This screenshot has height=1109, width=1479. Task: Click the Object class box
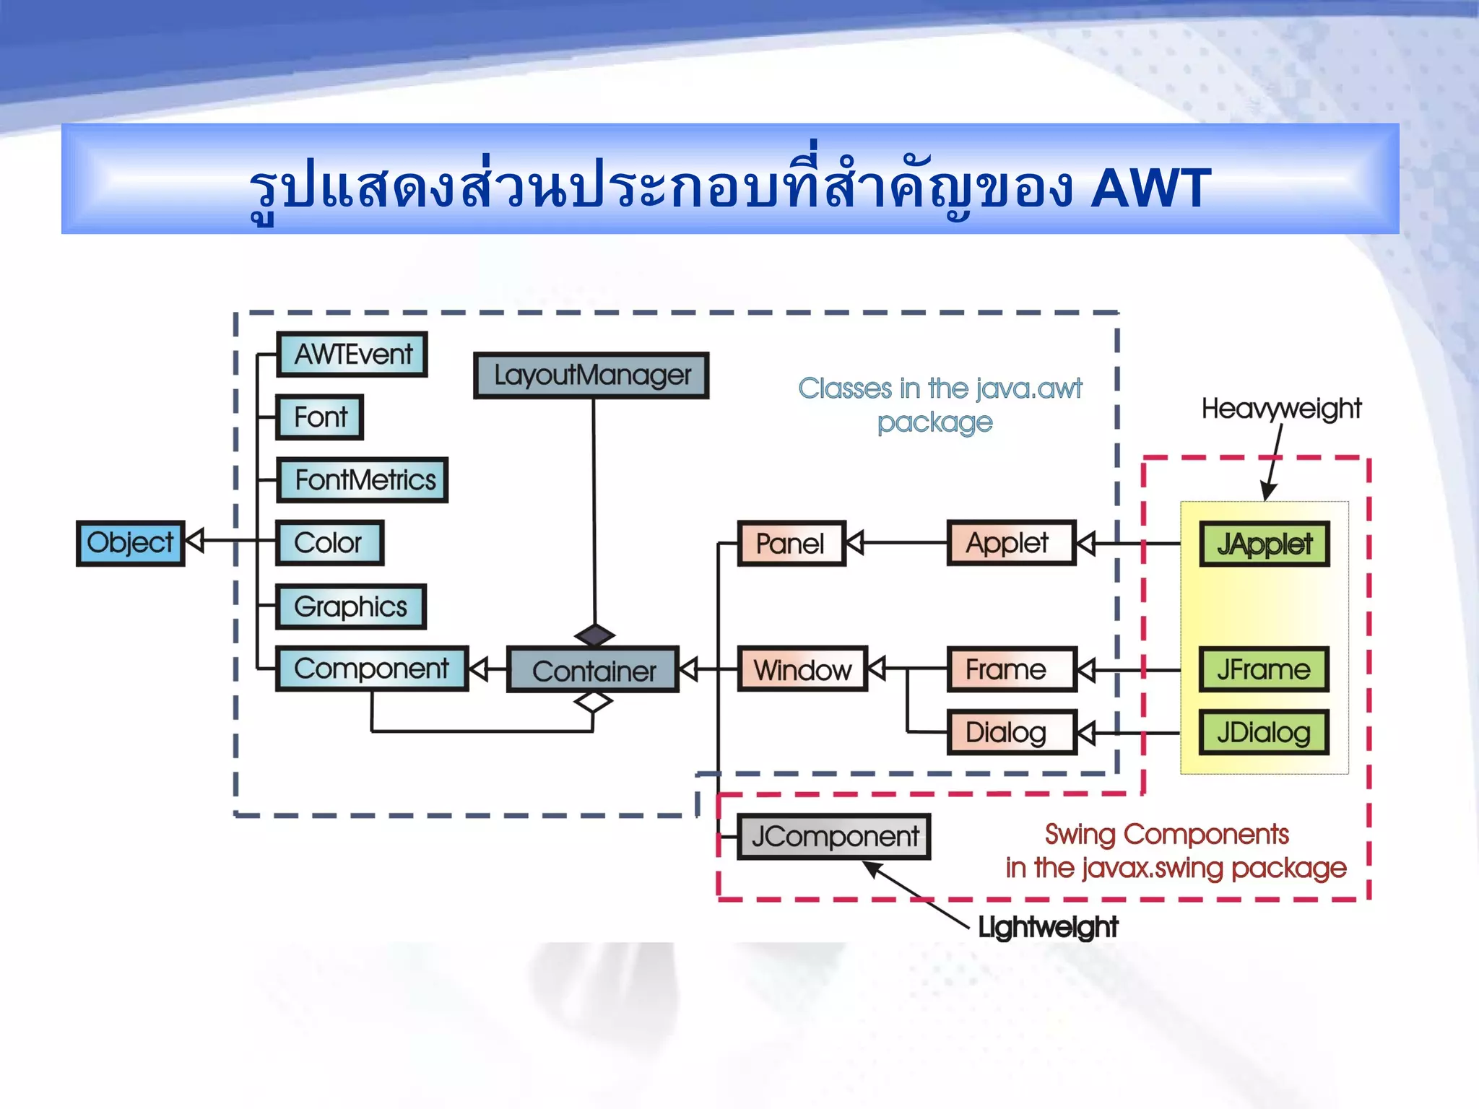[x=130, y=543]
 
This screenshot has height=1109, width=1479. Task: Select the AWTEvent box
[x=352, y=355]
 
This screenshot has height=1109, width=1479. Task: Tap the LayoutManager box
[x=591, y=375]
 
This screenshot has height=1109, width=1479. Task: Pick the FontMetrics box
[x=363, y=480]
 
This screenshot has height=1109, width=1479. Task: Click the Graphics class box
[x=352, y=606]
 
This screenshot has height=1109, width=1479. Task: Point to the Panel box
[x=791, y=544]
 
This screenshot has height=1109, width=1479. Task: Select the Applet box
[x=1011, y=543]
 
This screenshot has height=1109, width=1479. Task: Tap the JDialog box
[x=1264, y=733]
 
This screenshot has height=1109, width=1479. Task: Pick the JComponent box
[x=834, y=837]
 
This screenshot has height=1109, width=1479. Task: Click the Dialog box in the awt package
[x=1011, y=733]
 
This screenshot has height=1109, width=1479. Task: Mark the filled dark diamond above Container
[x=594, y=635]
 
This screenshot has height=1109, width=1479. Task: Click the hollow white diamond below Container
[x=593, y=701]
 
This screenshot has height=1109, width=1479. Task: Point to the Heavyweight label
[x=1281, y=409]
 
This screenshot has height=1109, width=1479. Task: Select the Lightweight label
[x=1047, y=927]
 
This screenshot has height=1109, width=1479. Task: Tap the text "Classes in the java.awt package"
[x=939, y=405]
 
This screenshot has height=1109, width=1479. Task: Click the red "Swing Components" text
[x=1166, y=835]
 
